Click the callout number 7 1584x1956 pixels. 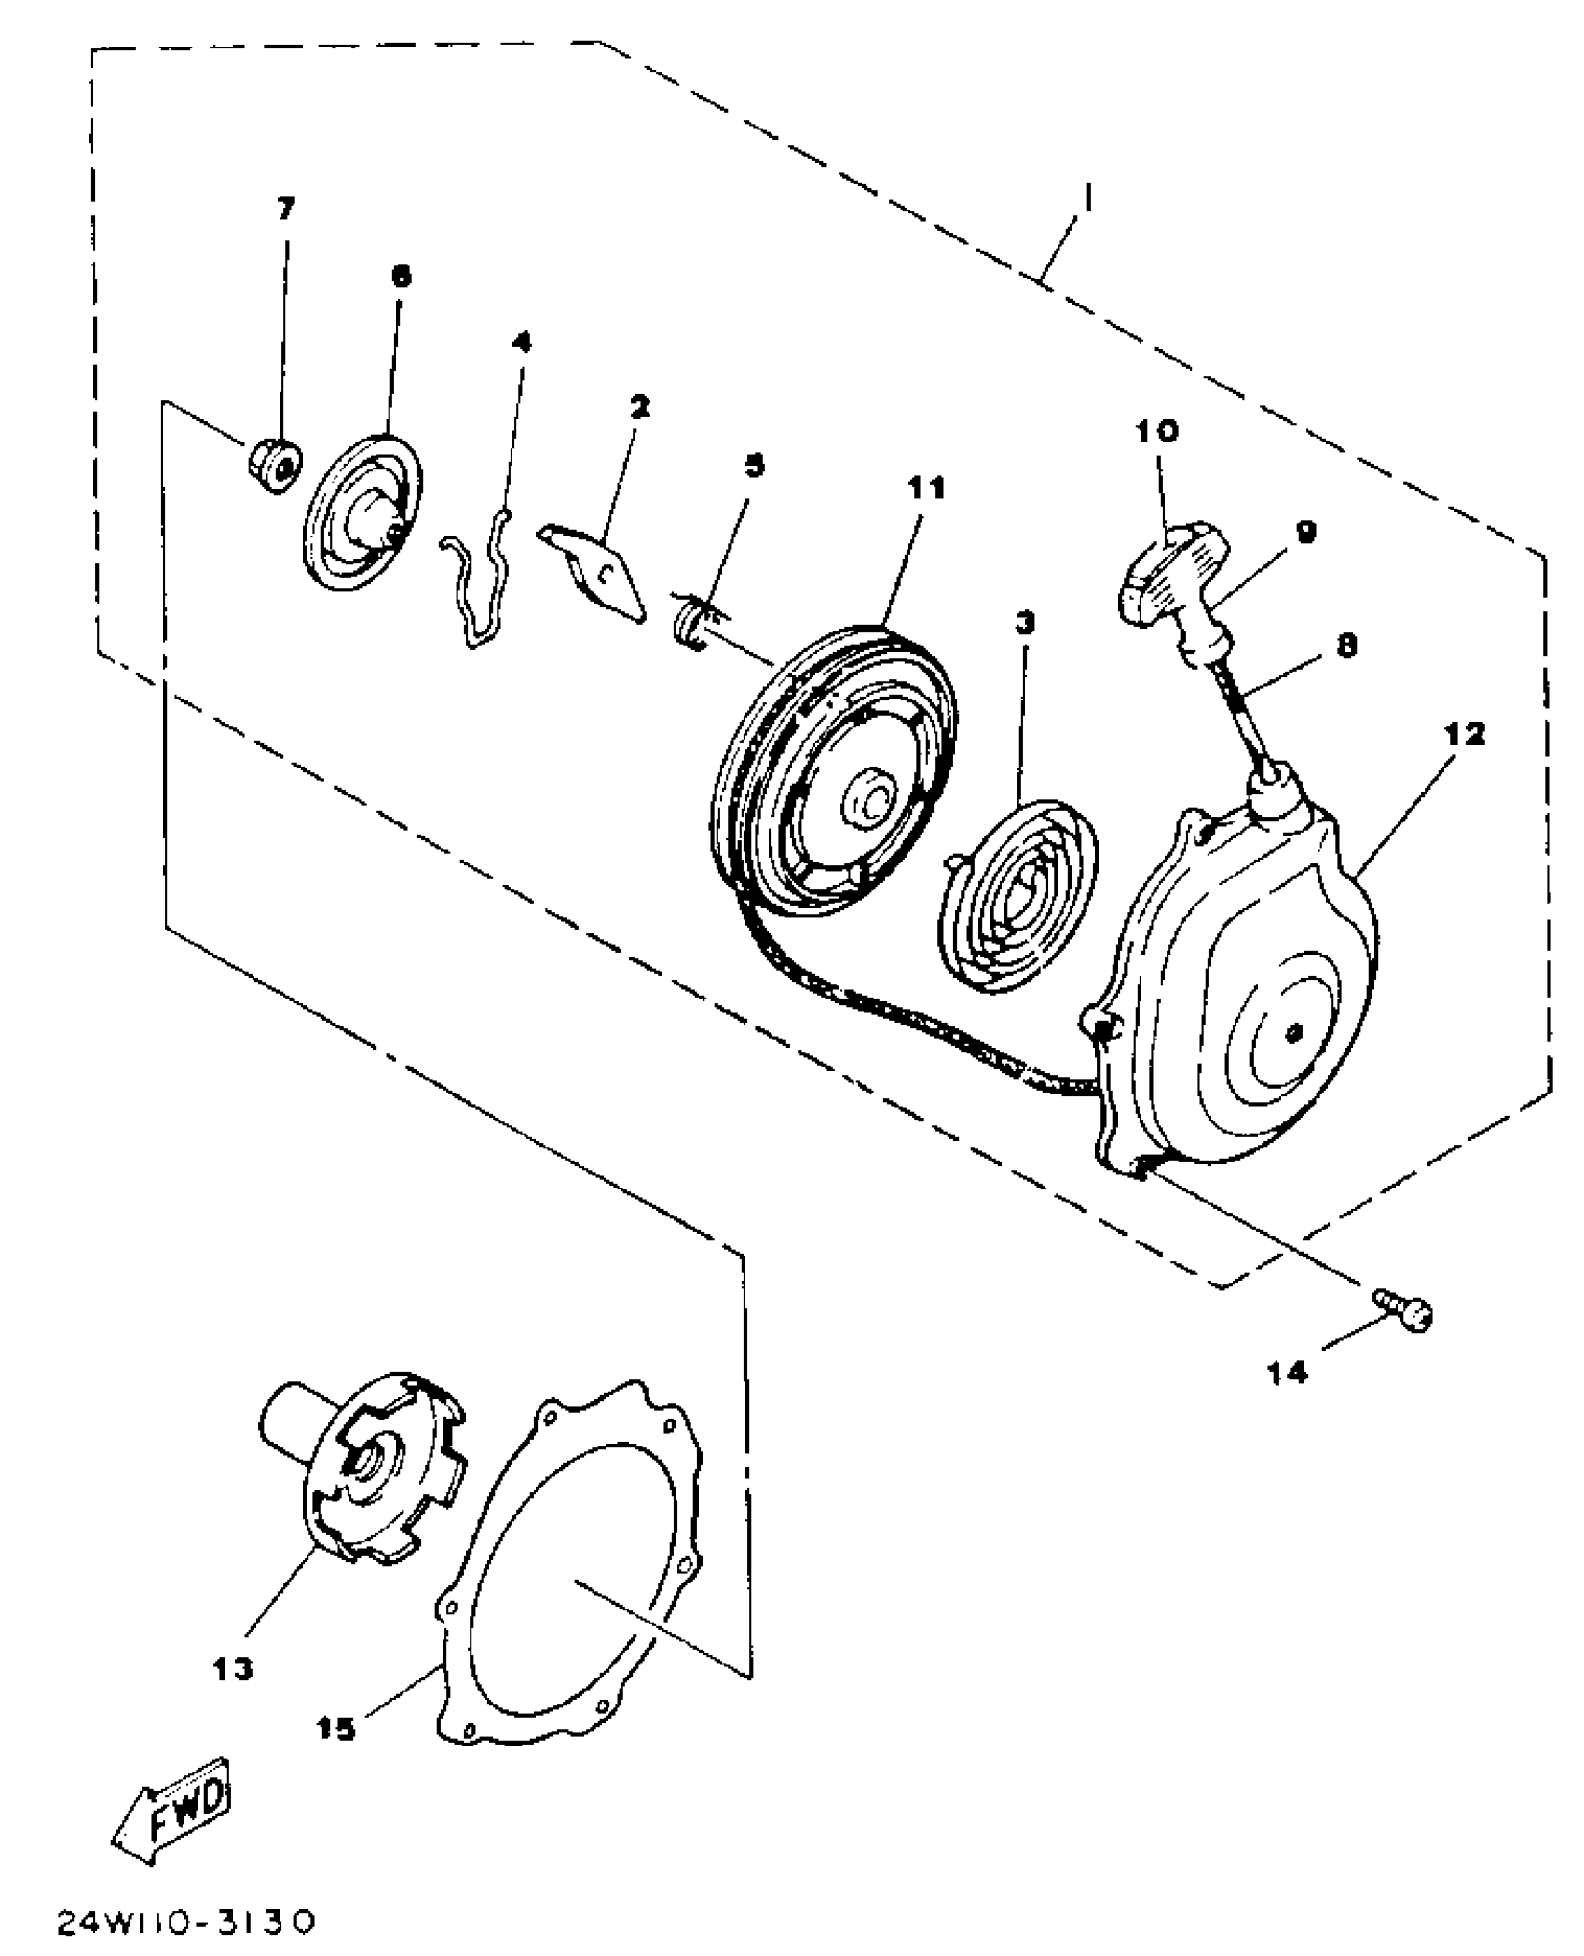tap(285, 208)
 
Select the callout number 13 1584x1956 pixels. tap(232, 1668)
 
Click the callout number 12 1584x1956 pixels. tap(1467, 734)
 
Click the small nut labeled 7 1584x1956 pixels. tap(274, 462)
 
